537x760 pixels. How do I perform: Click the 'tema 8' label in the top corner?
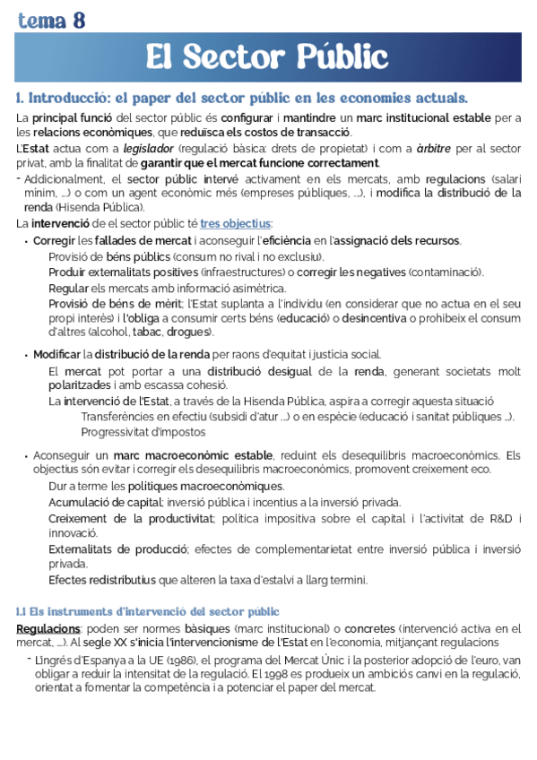(52, 20)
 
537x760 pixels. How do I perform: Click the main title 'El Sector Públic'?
(267, 56)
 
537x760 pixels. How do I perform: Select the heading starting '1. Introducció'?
(242, 97)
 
